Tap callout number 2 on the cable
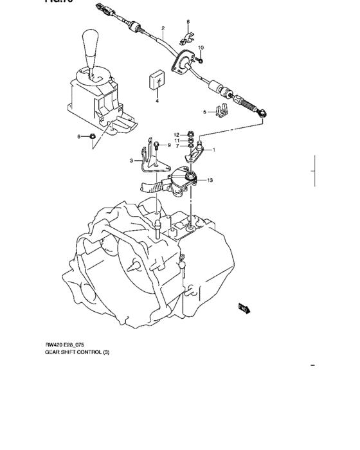click(163, 28)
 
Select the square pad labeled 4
click(157, 81)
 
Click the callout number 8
click(188, 22)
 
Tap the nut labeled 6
click(92, 136)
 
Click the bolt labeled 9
click(156, 145)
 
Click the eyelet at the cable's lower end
click(262, 114)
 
